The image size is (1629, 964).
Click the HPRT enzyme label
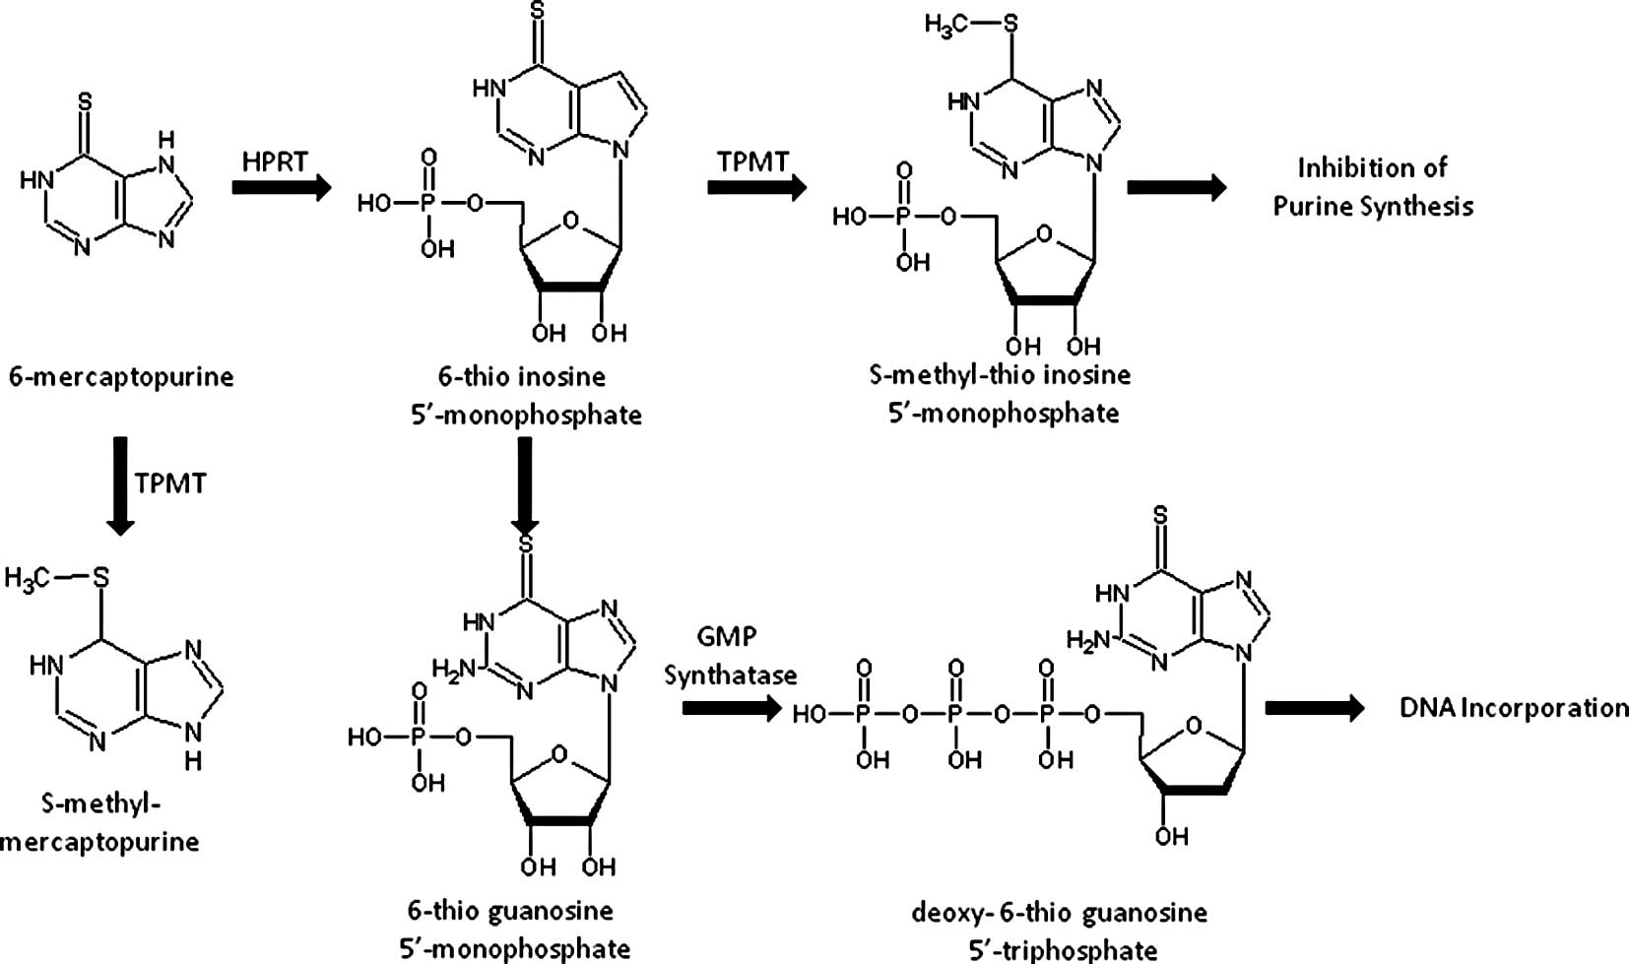click(x=275, y=161)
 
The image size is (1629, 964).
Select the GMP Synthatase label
click(x=729, y=656)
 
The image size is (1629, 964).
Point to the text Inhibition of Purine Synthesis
click(x=1373, y=186)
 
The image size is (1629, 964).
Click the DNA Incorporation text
click(x=1514, y=708)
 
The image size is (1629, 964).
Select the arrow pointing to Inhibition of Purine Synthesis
click(x=1176, y=186)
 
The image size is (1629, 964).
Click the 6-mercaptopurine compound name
click(x=121, y=376)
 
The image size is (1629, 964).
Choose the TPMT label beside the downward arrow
click(x=171, y=482)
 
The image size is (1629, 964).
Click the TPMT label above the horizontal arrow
click(x=752, y=161)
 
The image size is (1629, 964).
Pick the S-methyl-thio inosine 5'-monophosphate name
click(x=1001, y=392)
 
